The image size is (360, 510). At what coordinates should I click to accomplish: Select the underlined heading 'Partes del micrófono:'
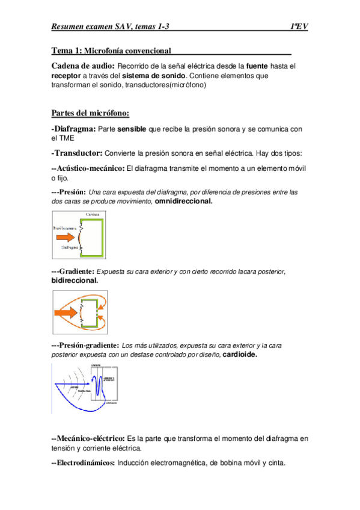(90, 112)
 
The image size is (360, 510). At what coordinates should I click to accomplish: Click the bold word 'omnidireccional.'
(183, 201)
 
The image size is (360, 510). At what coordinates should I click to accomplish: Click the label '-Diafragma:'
(73, 129)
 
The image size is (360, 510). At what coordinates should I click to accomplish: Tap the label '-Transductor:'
(77, 153)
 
